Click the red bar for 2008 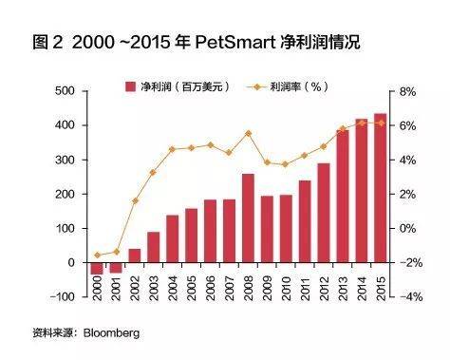point(248,218)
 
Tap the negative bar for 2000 point(95,268)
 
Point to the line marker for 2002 point(135,200)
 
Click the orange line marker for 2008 point(248,133)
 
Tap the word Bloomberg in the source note point(113,333)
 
